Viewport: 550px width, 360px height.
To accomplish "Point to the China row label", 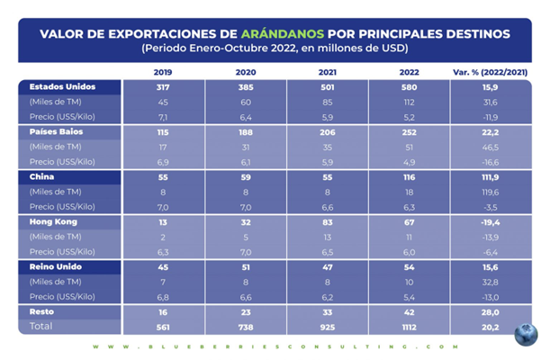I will tap(43, 177).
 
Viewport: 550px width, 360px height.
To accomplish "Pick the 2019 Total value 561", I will tap(163, 327).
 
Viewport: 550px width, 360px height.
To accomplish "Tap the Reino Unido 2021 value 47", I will tap(326, 266).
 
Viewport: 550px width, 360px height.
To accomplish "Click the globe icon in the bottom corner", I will tap(526, 334).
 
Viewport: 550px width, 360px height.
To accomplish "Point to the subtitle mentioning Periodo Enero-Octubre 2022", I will tap(275, 48).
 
